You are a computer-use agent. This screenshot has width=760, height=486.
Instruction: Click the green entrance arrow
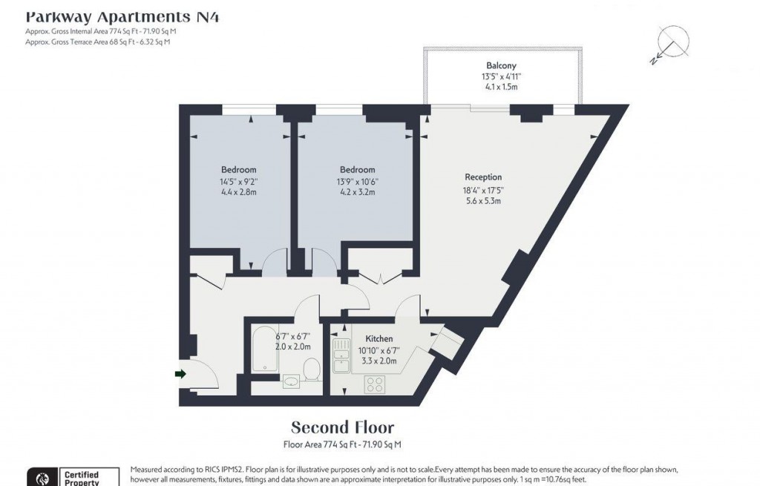click(x=180, y=374)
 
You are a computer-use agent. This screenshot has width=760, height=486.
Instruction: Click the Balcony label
click(x=501, y=65)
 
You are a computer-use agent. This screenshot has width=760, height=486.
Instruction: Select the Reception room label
click(x=483, y=177)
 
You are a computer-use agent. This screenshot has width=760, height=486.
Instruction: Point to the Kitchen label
click(x=379, y=339)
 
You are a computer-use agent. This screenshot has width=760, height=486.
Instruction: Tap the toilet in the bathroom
click(x=312, y=368)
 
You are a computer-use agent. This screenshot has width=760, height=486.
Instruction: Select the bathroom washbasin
click(x=292, y=382)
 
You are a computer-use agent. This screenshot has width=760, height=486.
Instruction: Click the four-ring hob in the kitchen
click(x=375, y=384)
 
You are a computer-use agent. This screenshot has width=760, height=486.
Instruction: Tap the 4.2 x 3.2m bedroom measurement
click(x=357, y=193)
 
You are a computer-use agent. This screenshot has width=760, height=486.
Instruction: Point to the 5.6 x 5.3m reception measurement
click(x=483, y=201)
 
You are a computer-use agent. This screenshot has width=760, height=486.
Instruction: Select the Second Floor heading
click(x=342, y=427)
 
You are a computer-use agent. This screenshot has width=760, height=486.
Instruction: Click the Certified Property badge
click(x=73, y=477)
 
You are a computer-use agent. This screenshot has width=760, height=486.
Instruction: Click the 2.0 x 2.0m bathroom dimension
click(x=292, y=347)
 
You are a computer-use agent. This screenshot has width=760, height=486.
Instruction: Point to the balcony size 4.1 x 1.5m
click(x=501, y=87)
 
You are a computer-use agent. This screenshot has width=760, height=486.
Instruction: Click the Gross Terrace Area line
click(x=97, y=42)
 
